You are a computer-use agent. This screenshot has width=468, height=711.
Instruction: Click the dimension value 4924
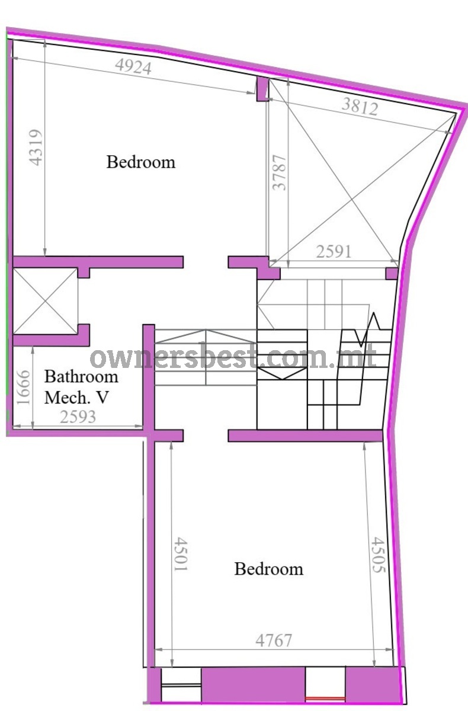(x=133, y=66)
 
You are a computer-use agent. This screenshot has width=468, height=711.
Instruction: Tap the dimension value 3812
(x=360, y=106)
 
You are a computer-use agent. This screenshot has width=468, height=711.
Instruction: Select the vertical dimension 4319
(x=36, y=148)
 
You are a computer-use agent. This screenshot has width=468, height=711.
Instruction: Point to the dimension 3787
(x=280, y=172)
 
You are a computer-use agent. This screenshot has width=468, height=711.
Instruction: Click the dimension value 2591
(x=334, y=252)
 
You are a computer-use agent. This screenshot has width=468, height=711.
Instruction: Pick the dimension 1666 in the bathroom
(x=23, y=387)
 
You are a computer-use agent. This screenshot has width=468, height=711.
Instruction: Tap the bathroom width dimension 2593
(x=78, y=417)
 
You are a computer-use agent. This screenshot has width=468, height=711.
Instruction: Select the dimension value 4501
(x=181, y=554)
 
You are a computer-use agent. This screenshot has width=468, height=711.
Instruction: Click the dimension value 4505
(x=379, y=555)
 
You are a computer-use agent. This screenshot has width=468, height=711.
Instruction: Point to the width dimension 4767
(x=274, y=640)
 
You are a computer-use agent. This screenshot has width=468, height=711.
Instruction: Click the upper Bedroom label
(x=141, y=162)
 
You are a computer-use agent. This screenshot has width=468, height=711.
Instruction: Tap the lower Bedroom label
(x=269, y=569)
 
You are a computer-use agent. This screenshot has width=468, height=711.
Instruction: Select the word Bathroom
(x=81, y=377)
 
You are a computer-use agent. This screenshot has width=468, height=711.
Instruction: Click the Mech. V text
(x=76, y=398)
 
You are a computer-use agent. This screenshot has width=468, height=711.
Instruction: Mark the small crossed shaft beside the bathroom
(x=46, y=301)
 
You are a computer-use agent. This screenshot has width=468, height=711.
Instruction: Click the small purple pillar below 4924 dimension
(x=262, y=89)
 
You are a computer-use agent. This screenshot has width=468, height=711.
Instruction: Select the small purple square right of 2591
(x=392, y=273)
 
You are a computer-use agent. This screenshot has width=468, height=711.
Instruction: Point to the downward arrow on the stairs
(x=282, y=373)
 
